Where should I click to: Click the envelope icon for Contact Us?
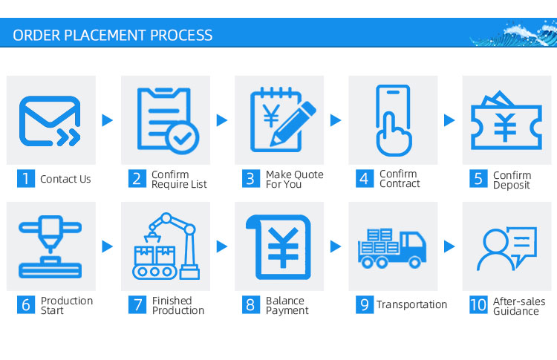tap(50, 121)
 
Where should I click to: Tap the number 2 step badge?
tap(137, 179)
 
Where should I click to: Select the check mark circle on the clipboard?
tap(182, 138)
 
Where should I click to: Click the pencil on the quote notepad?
tap(293, 123)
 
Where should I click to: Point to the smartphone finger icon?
tap(394, 120)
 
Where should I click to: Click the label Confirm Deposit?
tap(512, 180)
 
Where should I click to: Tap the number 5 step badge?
tap(478, 179)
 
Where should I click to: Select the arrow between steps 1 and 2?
tap(107, 120)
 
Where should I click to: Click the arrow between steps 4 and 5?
tap(449, 120)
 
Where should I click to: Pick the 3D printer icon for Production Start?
tap(50, 246)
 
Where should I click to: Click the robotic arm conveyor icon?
tap(166, 246)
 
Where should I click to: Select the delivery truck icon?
tap(392, 248)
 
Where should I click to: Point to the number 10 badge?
tap(478, 305)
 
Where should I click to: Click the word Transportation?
tap(411, 304)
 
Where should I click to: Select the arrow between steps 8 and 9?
tap(336, 246)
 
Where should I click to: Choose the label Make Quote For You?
tap(295, 180)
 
